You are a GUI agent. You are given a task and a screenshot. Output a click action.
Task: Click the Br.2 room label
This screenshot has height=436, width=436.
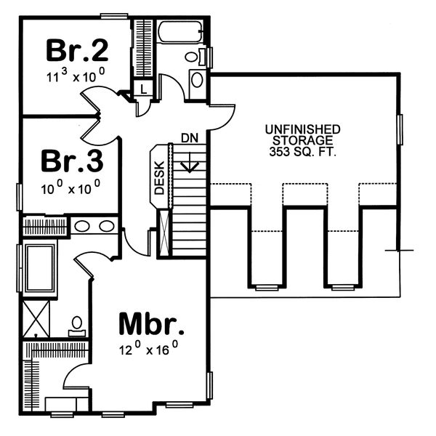click(78, 50)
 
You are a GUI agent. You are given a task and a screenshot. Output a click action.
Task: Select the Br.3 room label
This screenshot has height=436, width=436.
click(71, 159)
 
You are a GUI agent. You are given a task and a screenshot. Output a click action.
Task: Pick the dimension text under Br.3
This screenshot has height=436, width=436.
click(70, 187)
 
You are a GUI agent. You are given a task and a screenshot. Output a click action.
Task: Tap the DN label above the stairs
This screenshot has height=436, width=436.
click(190, 137)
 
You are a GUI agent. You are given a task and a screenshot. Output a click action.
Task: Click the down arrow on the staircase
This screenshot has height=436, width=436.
click(190, 163)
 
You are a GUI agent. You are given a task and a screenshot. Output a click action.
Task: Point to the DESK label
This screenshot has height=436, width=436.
click(160, 177)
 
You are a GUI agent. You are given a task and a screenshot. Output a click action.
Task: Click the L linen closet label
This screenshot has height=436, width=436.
click(143, 89)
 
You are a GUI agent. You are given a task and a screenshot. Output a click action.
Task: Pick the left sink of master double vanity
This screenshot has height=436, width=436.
click(82, 226)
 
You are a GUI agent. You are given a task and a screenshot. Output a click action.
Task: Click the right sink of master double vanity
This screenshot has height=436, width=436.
click(106, 226)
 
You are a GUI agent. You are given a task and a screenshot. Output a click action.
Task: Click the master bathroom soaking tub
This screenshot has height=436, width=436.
click(39, 269)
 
